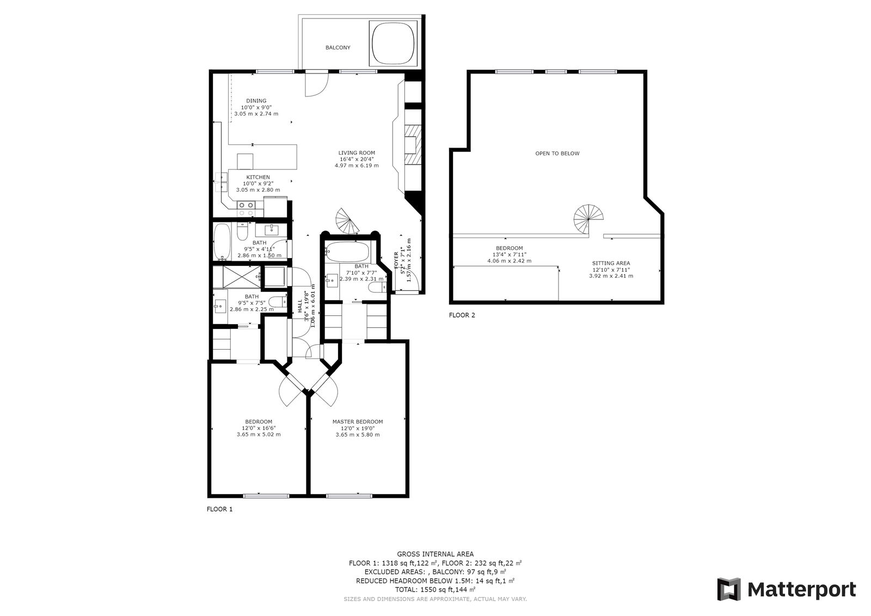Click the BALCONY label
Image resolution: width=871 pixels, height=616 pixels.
point(338,48)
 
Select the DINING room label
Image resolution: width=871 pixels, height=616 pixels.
point(256,101)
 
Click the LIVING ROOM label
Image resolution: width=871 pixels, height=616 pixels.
point(357,153)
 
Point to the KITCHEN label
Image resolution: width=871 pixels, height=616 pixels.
point(258,177)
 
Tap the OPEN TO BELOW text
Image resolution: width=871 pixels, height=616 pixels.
point(557,154)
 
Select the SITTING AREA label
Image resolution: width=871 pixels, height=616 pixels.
point(611,263)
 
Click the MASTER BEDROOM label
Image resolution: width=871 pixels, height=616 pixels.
point(358,422)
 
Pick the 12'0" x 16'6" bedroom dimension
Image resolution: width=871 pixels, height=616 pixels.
point(259,428)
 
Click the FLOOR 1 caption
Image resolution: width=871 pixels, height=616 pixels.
point(220,510)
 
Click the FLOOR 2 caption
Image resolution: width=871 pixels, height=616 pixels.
point(462,315)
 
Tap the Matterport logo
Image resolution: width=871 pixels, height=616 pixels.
point(786,589)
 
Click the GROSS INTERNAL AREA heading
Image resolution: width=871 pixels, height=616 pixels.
point(435,554)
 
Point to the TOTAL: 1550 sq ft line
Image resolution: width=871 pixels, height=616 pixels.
point(435,589)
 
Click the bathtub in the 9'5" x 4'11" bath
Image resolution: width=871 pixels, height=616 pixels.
point(222,241)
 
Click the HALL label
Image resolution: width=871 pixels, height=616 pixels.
point(300,306)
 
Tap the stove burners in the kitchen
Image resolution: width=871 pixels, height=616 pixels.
point(246,205)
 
